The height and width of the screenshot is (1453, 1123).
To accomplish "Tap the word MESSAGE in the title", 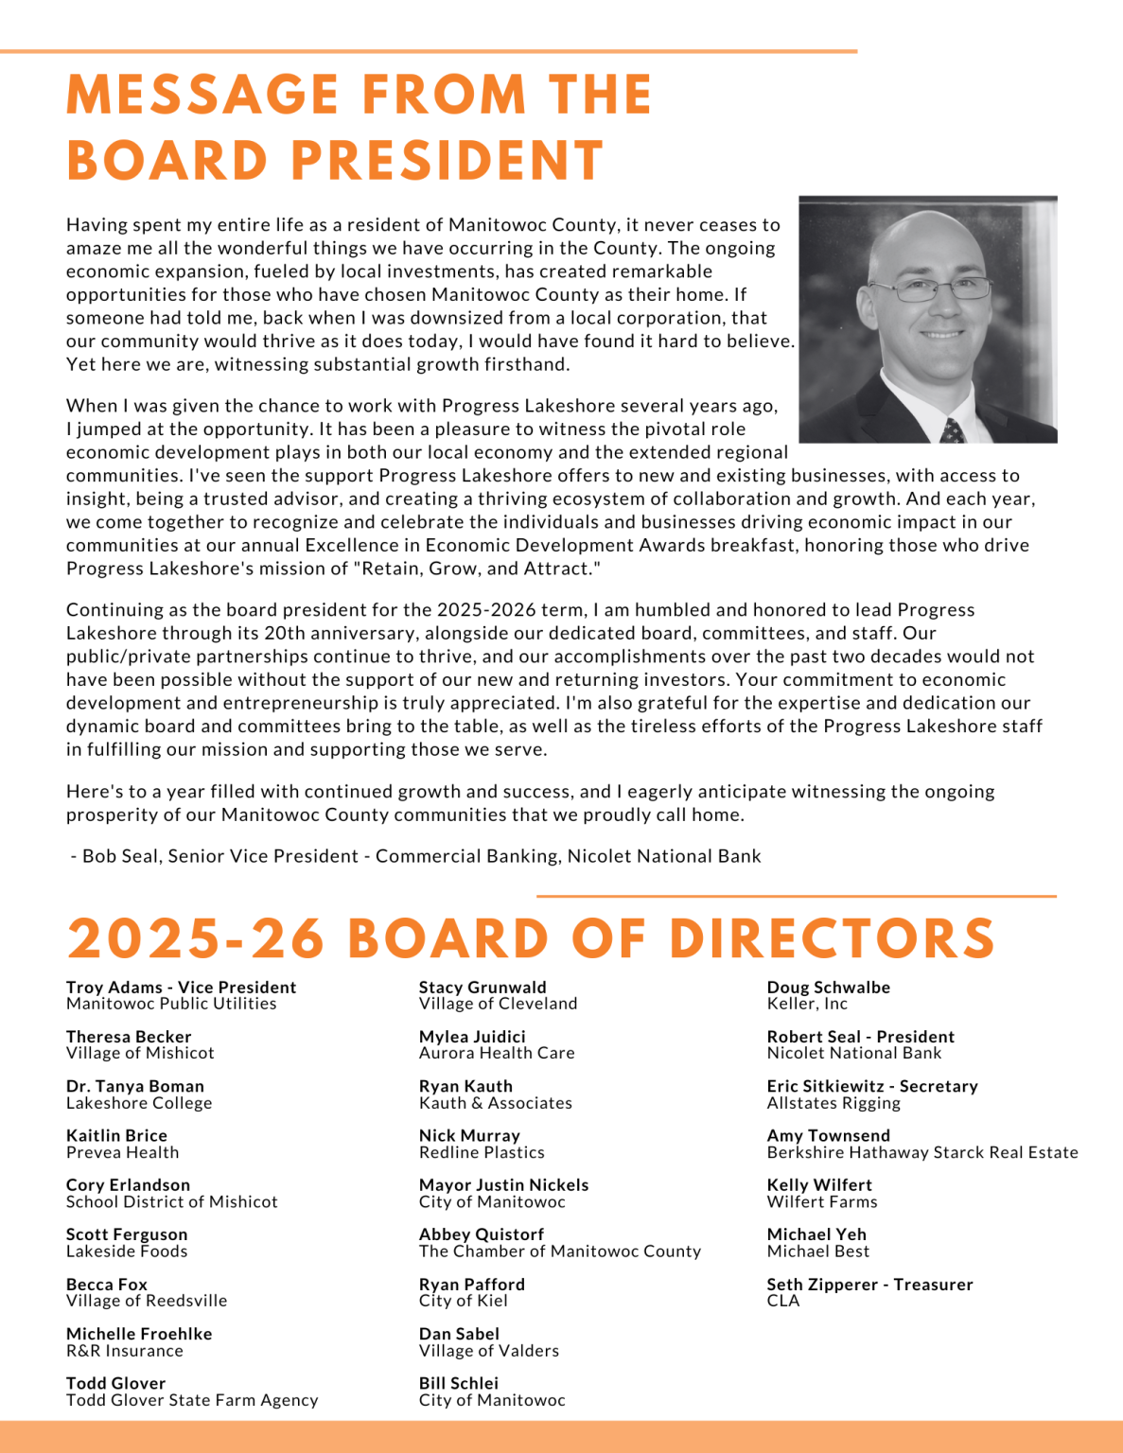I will (x=202, y=95).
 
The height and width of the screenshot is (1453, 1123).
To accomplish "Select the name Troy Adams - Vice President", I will (x=181, y=988).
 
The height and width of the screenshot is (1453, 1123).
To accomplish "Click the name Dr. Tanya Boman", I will (x=135, y=1086).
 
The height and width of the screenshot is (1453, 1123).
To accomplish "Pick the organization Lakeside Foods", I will (x=127, y=1252).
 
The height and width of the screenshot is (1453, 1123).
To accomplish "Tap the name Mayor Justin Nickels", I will (x=503, y=1185).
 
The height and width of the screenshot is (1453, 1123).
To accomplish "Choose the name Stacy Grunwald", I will (x=483, y=988).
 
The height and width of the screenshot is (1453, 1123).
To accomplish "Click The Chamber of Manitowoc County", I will (x=560, y=1252).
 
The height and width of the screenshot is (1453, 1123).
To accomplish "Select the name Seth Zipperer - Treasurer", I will (x=869, y=1285).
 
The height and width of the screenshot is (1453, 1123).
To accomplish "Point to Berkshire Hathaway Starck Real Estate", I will (x=922, y=1152).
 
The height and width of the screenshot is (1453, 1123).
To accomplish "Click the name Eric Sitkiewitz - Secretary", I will (x=872, y=1086).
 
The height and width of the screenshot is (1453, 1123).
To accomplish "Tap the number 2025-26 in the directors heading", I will (x=196, y=938).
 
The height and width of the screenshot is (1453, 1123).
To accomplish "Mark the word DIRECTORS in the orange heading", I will (x=832, y=938).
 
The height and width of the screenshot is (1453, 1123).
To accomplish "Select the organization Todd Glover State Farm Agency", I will (x=192, y=1400).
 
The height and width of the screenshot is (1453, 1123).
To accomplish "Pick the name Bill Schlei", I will (x=459, y=1383).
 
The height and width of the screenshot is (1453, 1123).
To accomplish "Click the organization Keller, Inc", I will (x=807, y=1004).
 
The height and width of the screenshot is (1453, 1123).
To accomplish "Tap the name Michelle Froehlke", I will (x=139, y=1334).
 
